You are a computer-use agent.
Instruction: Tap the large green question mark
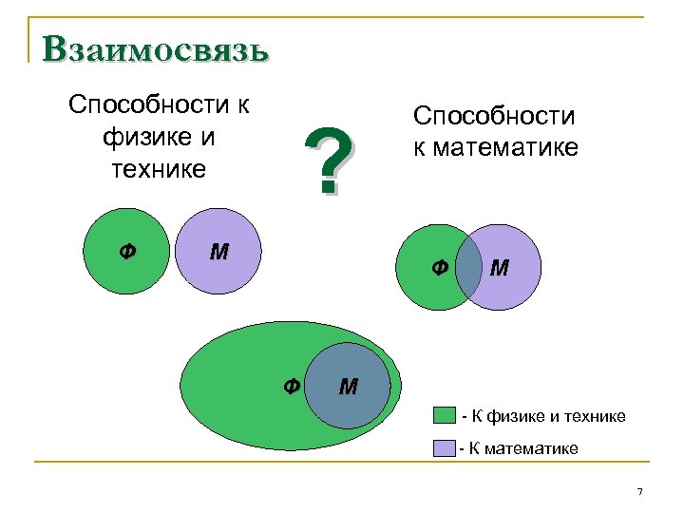tap(329, 161)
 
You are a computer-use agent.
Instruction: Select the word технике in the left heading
tap(159, 169)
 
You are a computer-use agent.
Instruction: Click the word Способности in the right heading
tap(494, 116)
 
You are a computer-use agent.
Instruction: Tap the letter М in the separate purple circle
tap(218, 252)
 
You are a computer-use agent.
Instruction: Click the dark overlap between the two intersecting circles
tap(468, 267)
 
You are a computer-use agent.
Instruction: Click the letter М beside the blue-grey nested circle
tap(348, 386)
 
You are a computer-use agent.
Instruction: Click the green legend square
tap(445, 416)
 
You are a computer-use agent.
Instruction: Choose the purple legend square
tap(445, 447)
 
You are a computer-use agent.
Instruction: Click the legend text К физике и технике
tap(543, 417)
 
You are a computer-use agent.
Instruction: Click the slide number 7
tap(639, 490)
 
